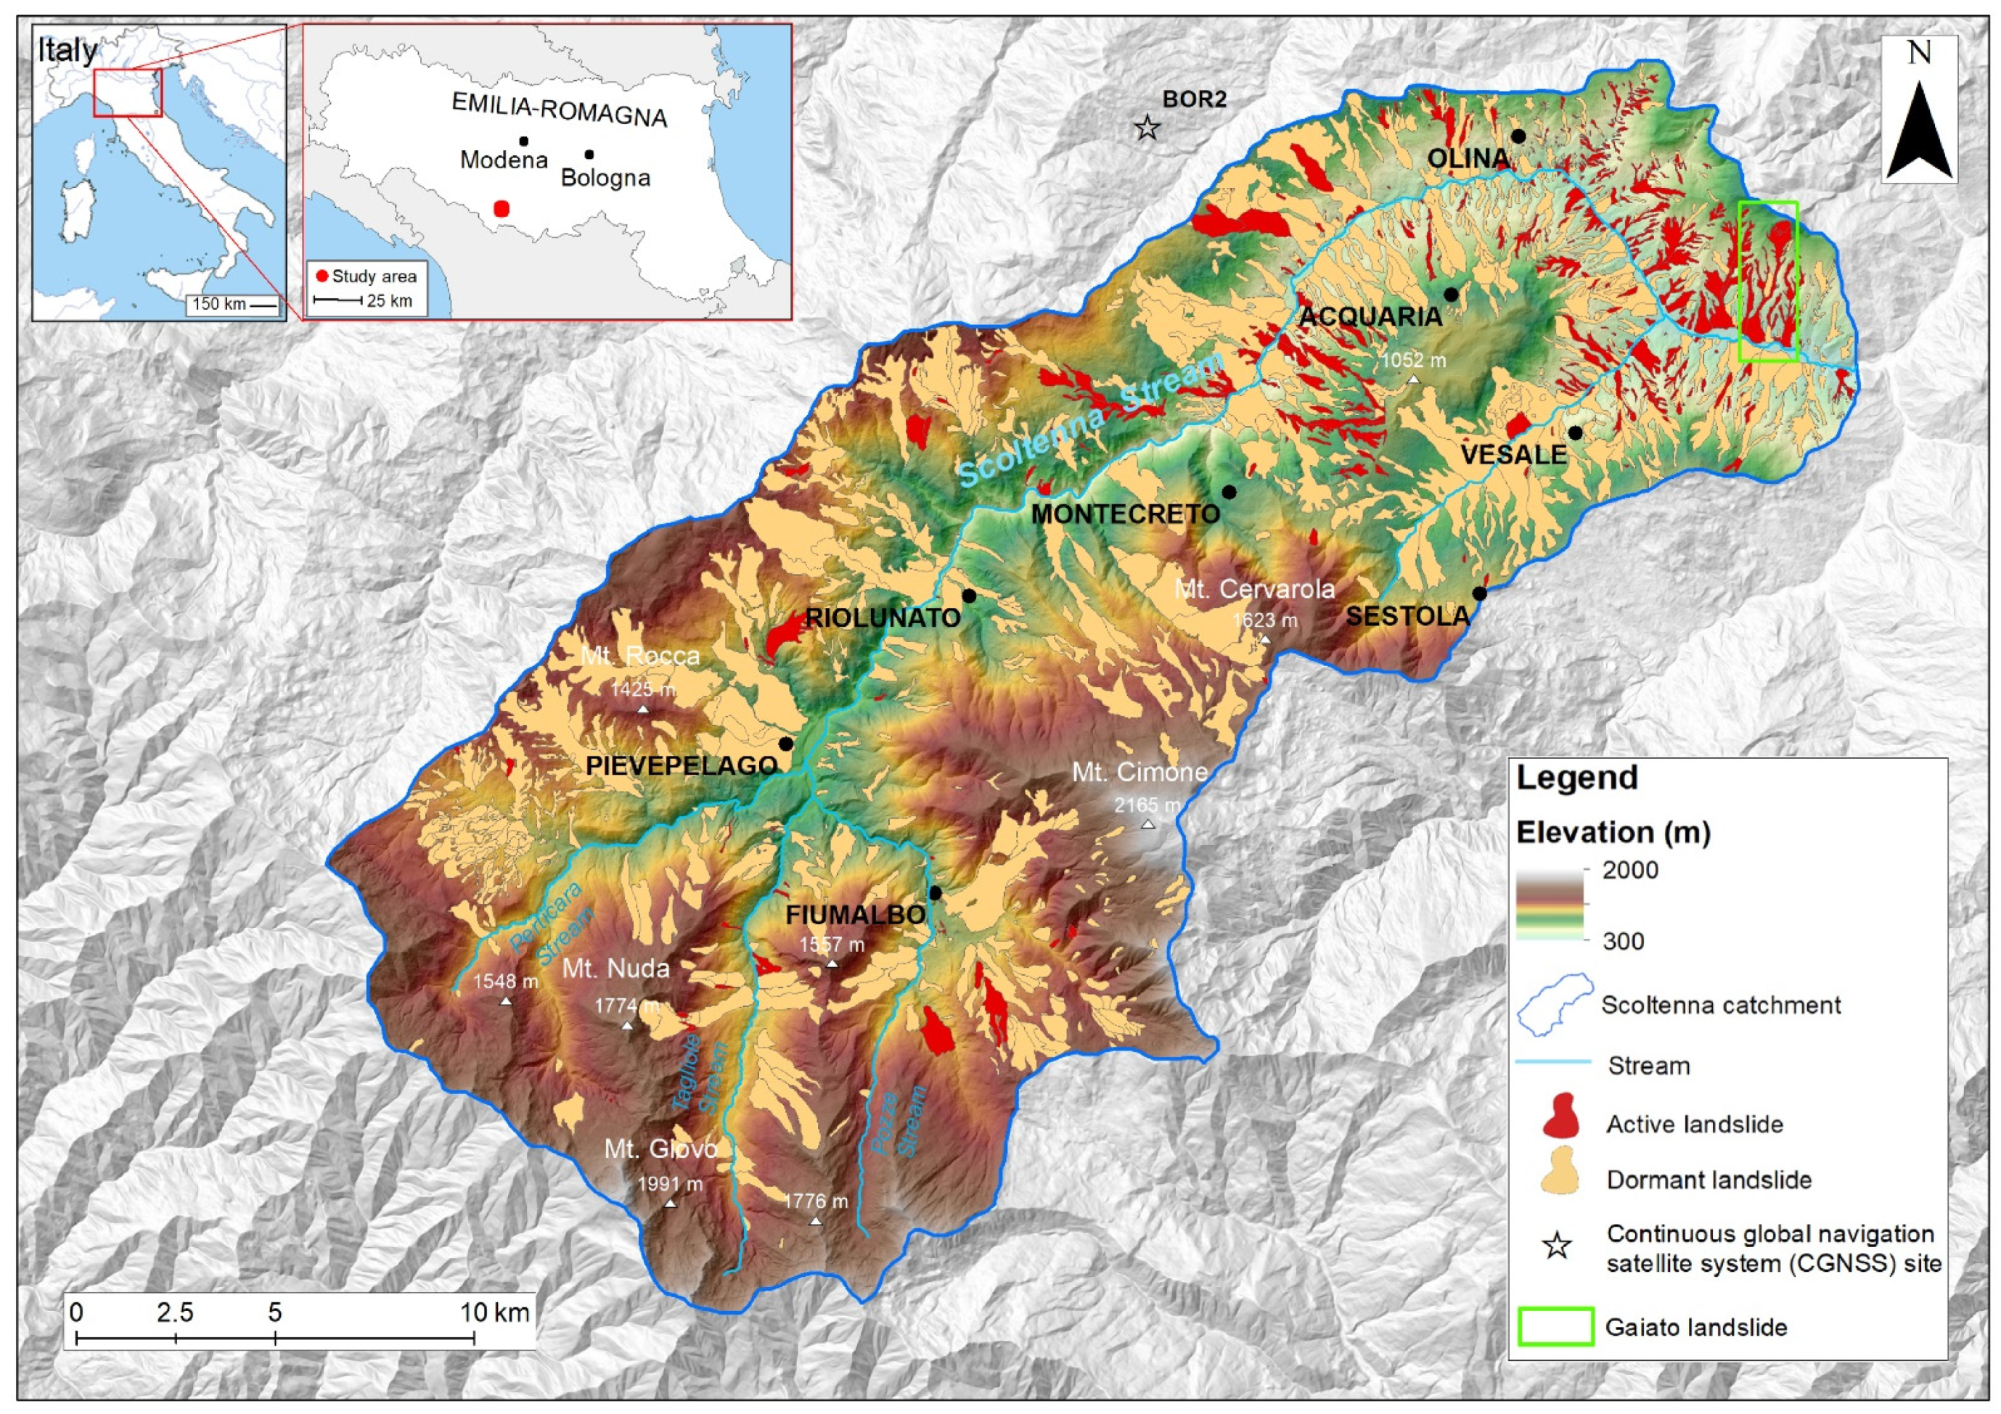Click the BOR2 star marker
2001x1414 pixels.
pos(1147,129)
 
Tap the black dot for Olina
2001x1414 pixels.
pos(1518,136)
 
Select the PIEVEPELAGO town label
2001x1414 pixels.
pos(681,766)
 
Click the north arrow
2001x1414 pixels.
pos(1919,131)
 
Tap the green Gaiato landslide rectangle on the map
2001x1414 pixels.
pos(1767,281)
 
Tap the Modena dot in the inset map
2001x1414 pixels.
pos(523,140)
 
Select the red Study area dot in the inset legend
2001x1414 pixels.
pos(322,276)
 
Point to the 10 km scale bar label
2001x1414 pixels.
pos(494,1312)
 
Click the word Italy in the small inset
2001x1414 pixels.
pos(67,51)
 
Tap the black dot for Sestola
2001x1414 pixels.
pos(1479,594)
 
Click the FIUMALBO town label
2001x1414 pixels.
pos(855,915)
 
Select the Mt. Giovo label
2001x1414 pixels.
pos(660,1148)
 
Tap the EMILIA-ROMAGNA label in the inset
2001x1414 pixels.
pos(559,110)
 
